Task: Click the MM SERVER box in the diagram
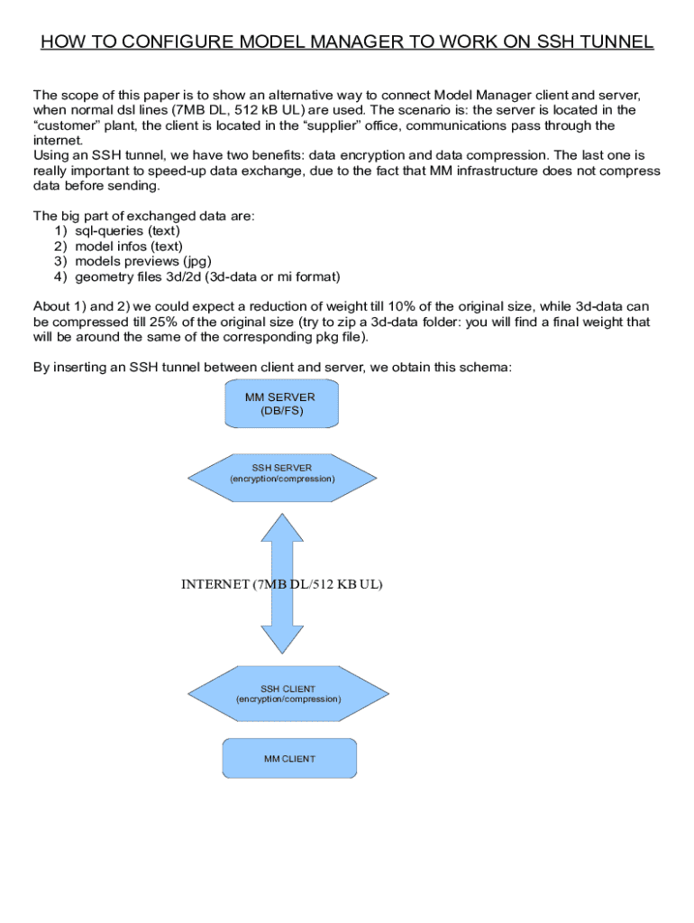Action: click(281, 403)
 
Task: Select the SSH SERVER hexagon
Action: click(282, 473)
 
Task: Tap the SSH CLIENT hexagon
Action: click(288, 694)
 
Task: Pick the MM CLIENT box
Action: click(289, 758)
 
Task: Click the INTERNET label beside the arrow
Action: click(216, 584)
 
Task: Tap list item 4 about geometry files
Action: click(206, 277)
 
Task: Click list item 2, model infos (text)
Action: click(129, 246)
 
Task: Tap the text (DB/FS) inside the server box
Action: click(281, 411)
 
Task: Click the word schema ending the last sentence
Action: click(488, 367)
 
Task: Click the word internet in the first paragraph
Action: click(57, 141)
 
